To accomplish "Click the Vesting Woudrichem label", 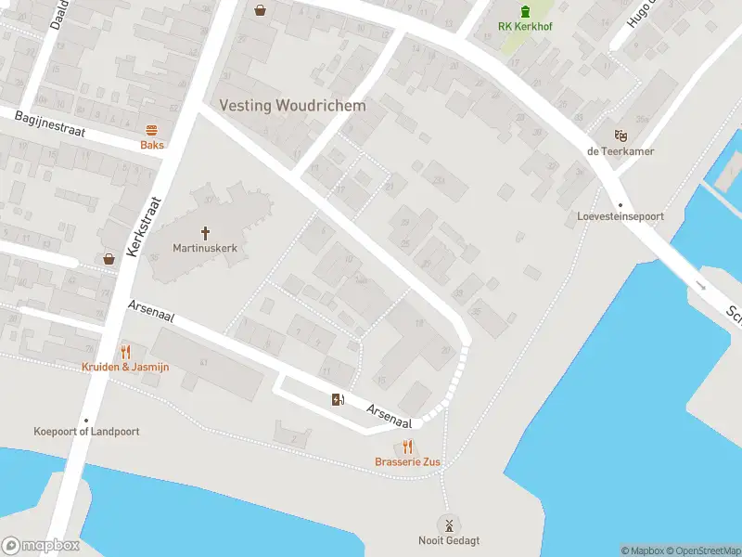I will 292,106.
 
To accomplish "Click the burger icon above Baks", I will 152,131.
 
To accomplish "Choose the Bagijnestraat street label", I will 50,124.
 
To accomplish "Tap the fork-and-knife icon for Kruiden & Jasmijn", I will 126,352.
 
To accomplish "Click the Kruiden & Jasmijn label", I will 126,367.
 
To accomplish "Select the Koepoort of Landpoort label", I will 86,432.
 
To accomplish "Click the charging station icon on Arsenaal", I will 338,399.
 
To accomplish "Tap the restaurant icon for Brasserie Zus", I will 407,447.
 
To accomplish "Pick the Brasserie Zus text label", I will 407,462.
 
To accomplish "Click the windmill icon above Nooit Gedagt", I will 449,525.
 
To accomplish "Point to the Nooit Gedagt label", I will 449,541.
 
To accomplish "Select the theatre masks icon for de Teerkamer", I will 620,136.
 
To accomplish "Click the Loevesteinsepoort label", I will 620,217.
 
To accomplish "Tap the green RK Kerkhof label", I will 526,27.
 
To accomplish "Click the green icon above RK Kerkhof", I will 526,11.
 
